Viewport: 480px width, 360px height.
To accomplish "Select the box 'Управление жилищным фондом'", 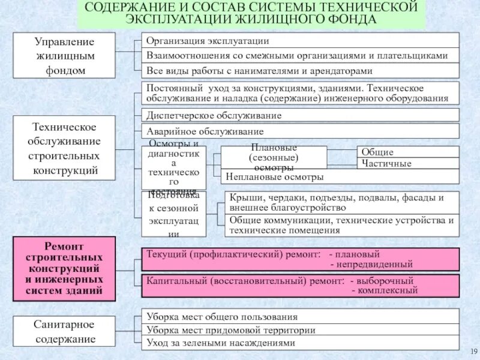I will click(x=64, y=56).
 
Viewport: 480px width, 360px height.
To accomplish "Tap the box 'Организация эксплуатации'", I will click(x=300, y=41).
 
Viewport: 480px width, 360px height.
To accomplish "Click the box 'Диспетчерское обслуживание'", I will click(x=300, y=115).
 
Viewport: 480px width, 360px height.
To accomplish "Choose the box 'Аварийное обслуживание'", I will click(x=300, y=131).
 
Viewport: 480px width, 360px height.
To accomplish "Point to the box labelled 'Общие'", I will click(x=408, y=152).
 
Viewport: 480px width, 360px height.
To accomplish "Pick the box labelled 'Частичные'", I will click(x=408, y=163).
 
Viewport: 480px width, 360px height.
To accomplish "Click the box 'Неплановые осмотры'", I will click(x=340, y=177).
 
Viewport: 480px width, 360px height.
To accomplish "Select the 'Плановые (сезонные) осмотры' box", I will click(x=274, y=157).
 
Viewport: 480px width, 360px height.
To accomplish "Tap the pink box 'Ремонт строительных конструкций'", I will click(x=64, y=269).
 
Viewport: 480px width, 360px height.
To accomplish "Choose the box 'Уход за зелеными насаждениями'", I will click(x=300, y=343).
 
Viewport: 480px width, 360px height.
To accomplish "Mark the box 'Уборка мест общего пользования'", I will click(x=300, y=317).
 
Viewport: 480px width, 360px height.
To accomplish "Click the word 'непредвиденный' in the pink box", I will click(x=374, y=264).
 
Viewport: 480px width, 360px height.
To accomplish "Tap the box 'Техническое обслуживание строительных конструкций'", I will click(x=64, y=149).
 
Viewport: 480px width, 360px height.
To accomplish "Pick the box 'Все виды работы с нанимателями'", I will click(x=300, y=70).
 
